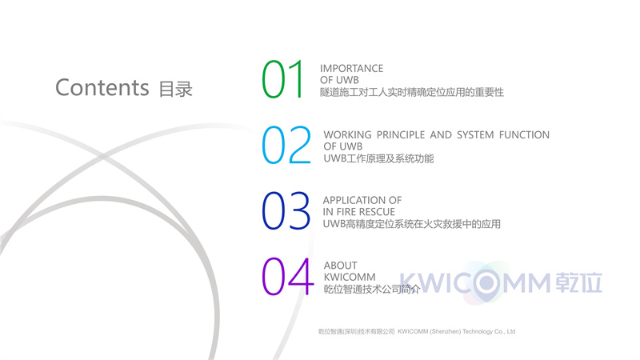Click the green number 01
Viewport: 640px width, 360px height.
click(x=282, y=79)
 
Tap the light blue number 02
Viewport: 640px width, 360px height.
click(x=286, y=145)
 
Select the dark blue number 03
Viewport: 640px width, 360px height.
click(x=286, y=210)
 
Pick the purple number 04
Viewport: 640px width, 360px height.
click(x=287, y=276)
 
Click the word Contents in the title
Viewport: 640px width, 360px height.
click(x=102, y=87)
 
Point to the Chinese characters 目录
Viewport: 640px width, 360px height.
click(x=175, y=89)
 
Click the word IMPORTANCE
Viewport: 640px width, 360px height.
click(x=351, y=68)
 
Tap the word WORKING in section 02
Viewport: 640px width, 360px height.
click(x=347, y=134)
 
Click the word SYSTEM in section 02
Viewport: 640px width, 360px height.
click(x=475, y=134)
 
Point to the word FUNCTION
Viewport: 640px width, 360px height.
click(x=524, y=134)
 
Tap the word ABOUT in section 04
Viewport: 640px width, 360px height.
click(x=341, y=266)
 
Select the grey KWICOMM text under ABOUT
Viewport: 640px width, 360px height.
click(x=350, y=277)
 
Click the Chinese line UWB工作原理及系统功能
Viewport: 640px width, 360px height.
click(x=378, y=158)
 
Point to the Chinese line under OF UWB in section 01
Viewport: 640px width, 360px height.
click(x=411, y=92)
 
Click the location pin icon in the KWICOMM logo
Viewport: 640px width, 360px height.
click(x=486, y=284)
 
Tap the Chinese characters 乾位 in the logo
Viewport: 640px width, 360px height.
click(x=578, y=282)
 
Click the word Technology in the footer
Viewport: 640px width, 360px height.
click(x=477, y=331)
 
